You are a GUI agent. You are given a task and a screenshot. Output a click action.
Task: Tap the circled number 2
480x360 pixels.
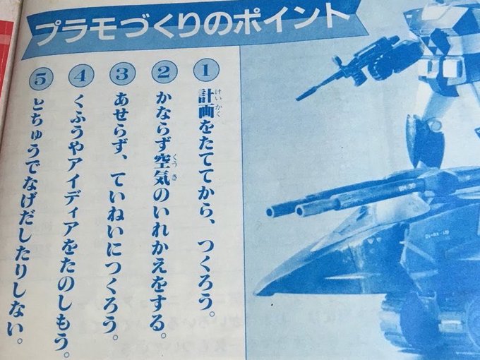pos(164,72)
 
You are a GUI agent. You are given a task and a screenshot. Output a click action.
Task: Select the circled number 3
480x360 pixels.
pos(122,74)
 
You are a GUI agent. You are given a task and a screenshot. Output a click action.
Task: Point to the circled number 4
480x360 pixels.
pos(81,76)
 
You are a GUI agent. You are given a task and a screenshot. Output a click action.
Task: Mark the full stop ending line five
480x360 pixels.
pos(20,340)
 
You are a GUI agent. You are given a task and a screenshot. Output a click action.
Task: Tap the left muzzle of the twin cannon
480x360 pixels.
pos(270,211)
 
